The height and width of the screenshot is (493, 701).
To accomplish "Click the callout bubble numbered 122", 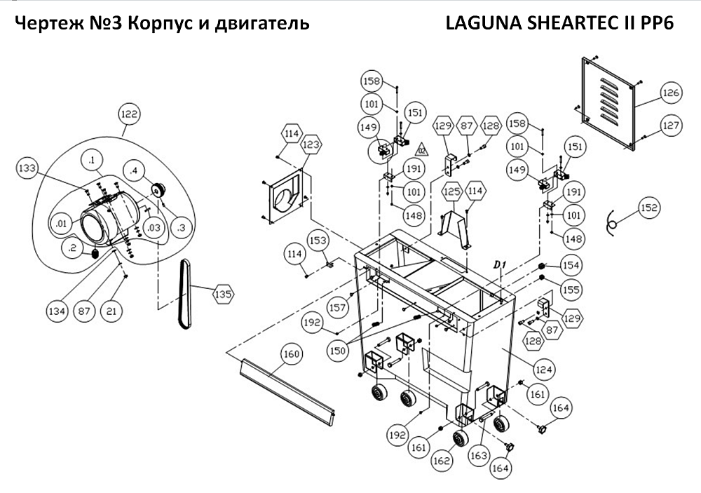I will point(130,114).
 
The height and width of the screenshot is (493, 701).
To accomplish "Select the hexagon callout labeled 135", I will point(222,295).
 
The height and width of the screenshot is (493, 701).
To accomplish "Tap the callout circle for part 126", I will point(671,93).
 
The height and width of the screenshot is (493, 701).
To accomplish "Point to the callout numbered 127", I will point(671,126).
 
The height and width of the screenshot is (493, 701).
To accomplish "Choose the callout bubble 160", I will point(291,354).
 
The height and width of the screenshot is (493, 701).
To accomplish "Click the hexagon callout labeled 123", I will point(312,145).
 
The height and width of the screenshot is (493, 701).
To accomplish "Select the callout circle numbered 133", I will point(27,168).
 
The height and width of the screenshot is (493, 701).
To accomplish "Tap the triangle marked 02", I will point(422,149).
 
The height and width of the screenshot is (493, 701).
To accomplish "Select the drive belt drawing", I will point(185,295).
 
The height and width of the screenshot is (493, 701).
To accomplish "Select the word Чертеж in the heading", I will point(43,23).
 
